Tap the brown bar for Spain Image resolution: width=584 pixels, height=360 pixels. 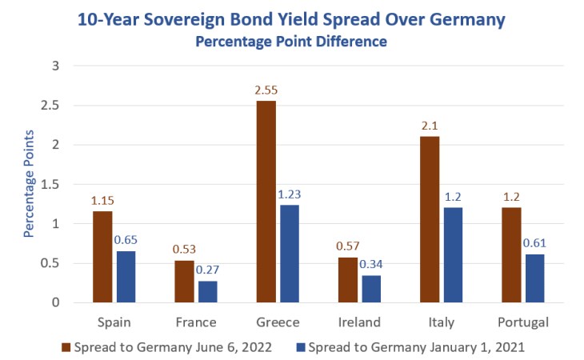[102, 257]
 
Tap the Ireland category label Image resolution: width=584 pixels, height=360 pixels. [359, 322]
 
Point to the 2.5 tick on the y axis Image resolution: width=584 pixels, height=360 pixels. [50, 105]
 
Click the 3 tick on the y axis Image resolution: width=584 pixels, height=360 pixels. [55, 66]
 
